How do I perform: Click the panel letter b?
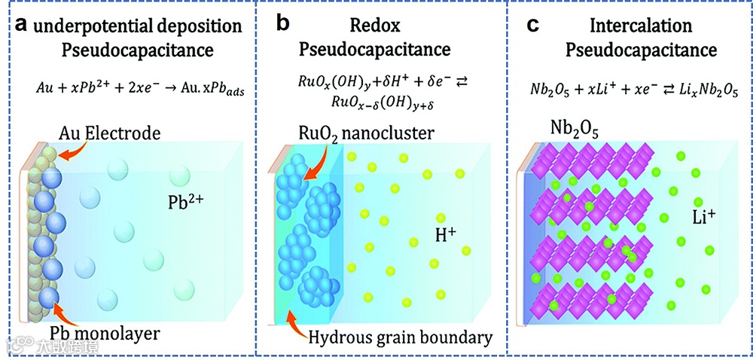tap(282, 23)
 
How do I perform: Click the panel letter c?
tap(532, 25)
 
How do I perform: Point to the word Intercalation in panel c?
tap(642, 26)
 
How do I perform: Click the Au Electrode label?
tap(112, 135)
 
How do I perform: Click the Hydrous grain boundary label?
tap(401, 337)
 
